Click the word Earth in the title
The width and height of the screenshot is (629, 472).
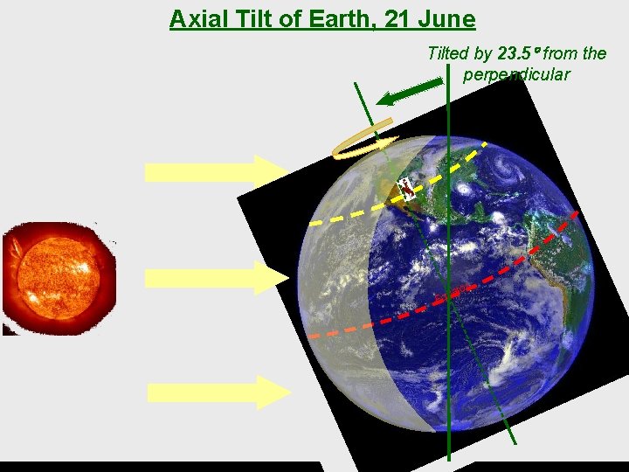point(332,18)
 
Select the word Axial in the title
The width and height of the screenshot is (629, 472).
point(198,18)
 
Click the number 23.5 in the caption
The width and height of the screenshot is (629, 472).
point(515,53)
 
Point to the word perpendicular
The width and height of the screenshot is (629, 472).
point(516,74)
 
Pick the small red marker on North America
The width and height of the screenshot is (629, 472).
point(406,189)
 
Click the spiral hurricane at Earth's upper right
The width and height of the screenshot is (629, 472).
point(508,167)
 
